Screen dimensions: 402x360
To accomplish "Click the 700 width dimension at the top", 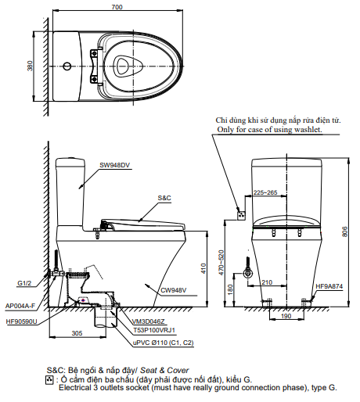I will (116, 7).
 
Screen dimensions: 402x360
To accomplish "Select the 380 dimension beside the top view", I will (31, 66).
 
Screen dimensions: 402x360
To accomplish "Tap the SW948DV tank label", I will (114, 165).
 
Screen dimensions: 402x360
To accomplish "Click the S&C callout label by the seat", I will (164, 199).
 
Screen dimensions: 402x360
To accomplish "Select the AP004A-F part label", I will (21, 306).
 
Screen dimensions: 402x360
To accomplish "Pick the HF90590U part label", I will (21, 321).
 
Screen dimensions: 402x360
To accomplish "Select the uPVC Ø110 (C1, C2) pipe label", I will (162, 342).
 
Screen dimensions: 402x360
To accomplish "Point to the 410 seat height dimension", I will (202, 267).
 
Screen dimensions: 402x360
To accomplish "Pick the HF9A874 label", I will (329, 288).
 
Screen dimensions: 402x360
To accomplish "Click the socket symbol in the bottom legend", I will (52, 379).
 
